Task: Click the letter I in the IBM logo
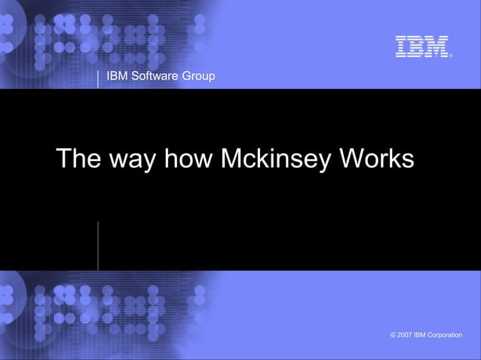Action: coord(401,46)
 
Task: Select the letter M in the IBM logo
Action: coord(437,46)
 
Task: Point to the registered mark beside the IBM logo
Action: coord(450,54)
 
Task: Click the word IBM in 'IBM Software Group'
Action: coord(118,75)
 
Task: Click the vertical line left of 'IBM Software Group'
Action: coord(98,78)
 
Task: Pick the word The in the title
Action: coord(78,159)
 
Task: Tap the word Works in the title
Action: coord(376,159)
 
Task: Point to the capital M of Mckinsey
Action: coord(233,159)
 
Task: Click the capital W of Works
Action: coord(353,159)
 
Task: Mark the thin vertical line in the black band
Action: coord(98,246)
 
